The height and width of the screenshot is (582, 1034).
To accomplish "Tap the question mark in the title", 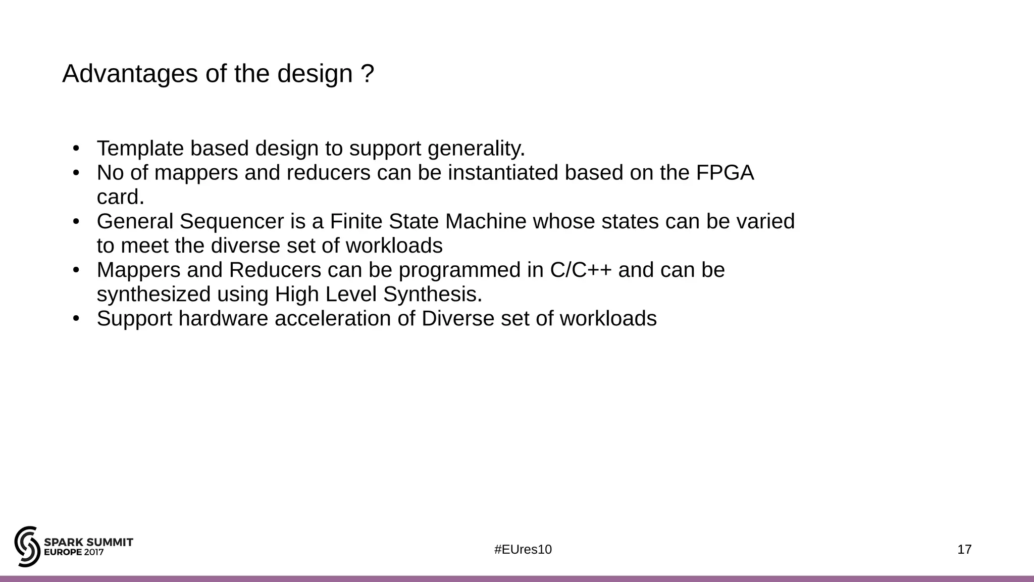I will pos(368,74).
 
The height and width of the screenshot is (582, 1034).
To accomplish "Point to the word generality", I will pos(476,149).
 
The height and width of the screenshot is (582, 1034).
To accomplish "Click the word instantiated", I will pos(503,173).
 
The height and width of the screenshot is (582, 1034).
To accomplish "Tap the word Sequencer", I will pos(231,222).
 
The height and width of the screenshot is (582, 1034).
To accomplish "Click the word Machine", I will pos(486,222).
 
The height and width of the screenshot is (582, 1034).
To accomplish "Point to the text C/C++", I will pos(581,270).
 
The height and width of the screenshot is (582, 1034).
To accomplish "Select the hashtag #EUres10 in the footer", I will pos(523,550).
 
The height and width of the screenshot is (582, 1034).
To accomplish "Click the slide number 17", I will pos(964,550).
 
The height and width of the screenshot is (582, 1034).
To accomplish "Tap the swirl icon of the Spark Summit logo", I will pos(27,547).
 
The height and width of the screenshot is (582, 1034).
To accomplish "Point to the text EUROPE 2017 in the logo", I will pos(74,552).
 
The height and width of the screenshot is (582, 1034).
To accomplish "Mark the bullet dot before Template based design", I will pos(76,149).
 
